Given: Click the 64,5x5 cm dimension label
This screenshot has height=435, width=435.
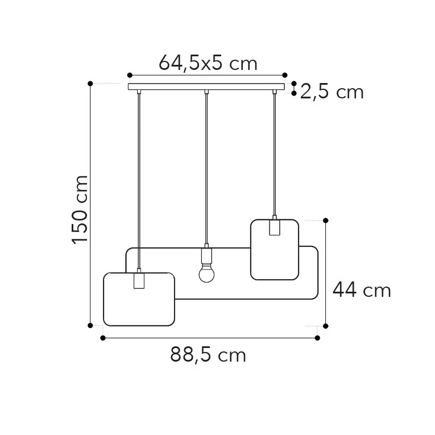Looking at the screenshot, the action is click(x=208, y=63).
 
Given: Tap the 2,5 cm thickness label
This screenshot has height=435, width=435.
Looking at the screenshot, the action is click(x=332, y=92).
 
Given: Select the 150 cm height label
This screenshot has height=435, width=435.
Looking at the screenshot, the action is click(x=80, y=210).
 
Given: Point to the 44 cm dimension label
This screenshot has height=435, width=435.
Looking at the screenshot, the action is click(x=362, y=290).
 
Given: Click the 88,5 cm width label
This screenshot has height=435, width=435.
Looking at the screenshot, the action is click(x=208, y=355).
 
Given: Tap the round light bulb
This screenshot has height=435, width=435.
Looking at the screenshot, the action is click(x=206, y=274).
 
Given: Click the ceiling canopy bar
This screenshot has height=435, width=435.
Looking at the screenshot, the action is click(x=206, y=86).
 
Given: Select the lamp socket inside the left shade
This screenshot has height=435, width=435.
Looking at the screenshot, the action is click(x=139, y=281).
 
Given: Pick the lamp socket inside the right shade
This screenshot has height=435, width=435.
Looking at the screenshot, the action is click(x=275, y=227).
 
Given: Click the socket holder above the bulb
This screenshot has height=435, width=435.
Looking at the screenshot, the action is click(x=206, y=256).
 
